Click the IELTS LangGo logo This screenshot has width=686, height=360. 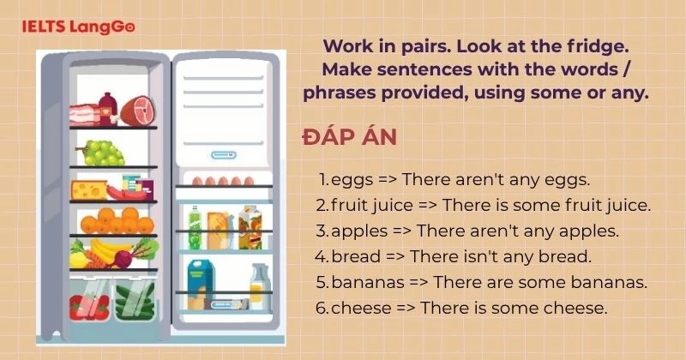pyautogui.click(x=78, y=26)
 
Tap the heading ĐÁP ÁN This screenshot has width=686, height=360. pyautogui.click(x=348, y=138)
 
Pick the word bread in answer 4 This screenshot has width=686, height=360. pyautogui.click(x=353, y=256)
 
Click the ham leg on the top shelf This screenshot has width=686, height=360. pyautogui.click(x=137, y=110)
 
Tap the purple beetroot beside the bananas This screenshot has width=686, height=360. pyautogui.click(x=124, y=256)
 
